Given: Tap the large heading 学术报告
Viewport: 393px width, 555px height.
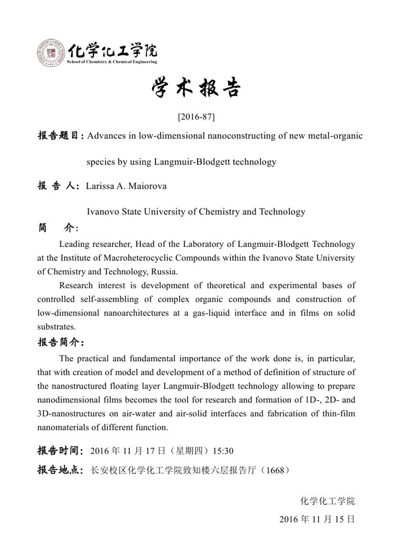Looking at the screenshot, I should point(196,89).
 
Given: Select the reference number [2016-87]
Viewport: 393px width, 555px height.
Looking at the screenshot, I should point(196,117).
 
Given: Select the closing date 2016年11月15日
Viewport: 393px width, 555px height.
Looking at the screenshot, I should point(317,519).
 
